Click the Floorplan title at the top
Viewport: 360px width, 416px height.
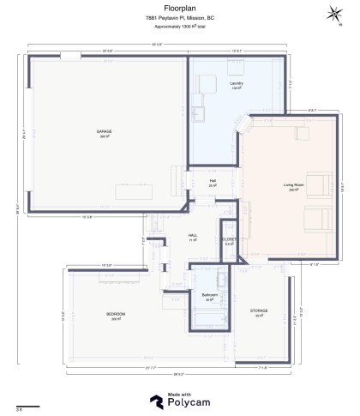point(180,8)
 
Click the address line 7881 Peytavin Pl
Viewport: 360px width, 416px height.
point(180,18)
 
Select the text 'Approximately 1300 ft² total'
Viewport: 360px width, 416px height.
point(180,27)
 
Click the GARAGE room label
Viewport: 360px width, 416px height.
point(104,132)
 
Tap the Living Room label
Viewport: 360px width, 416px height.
point(294,185)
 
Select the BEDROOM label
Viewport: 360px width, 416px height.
point(116,315)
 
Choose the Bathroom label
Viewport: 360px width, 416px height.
point(210,296)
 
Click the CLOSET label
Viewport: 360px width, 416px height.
point(229,240)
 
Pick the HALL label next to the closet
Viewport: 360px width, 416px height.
point(193,236)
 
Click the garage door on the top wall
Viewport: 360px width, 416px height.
point(70,57)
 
